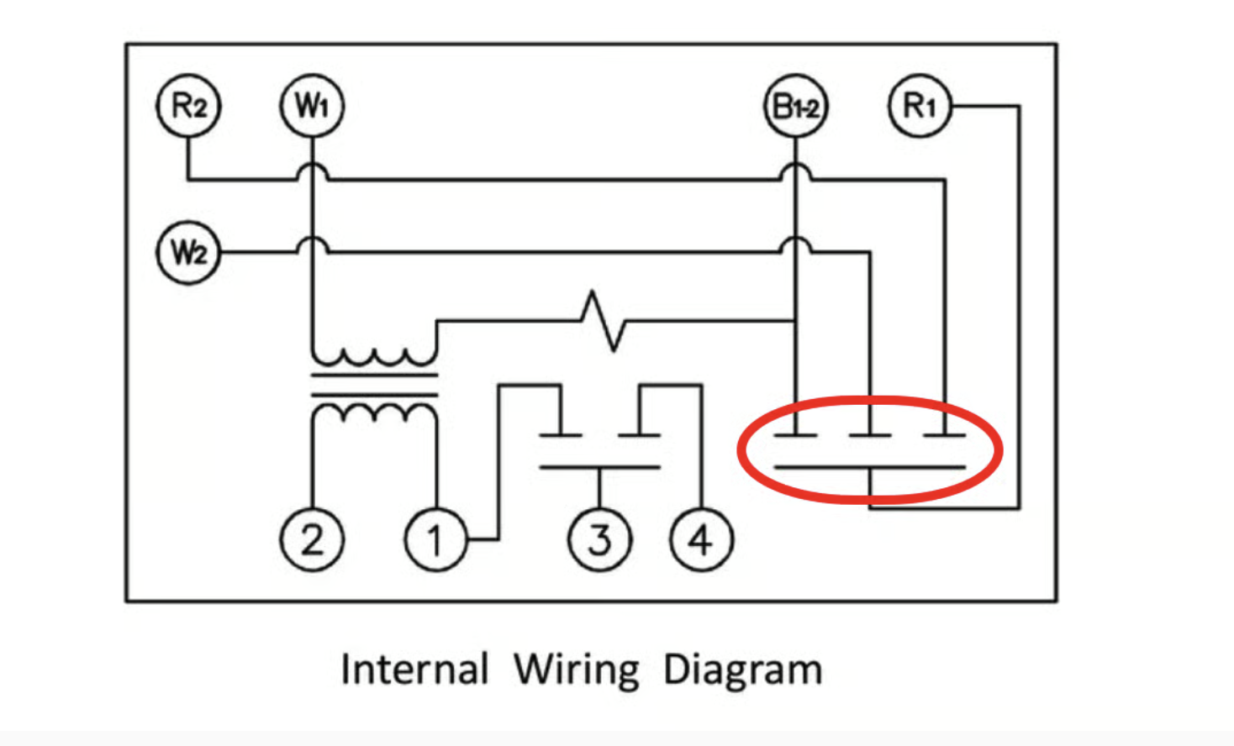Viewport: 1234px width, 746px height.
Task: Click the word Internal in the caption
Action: [414, 669]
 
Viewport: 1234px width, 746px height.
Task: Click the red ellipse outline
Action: [739, 449]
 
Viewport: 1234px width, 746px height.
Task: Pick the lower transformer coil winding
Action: [375, 407]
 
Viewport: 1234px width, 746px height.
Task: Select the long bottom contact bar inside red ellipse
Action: [870, 467]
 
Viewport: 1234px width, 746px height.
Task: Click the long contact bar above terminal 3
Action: [600, 467]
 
